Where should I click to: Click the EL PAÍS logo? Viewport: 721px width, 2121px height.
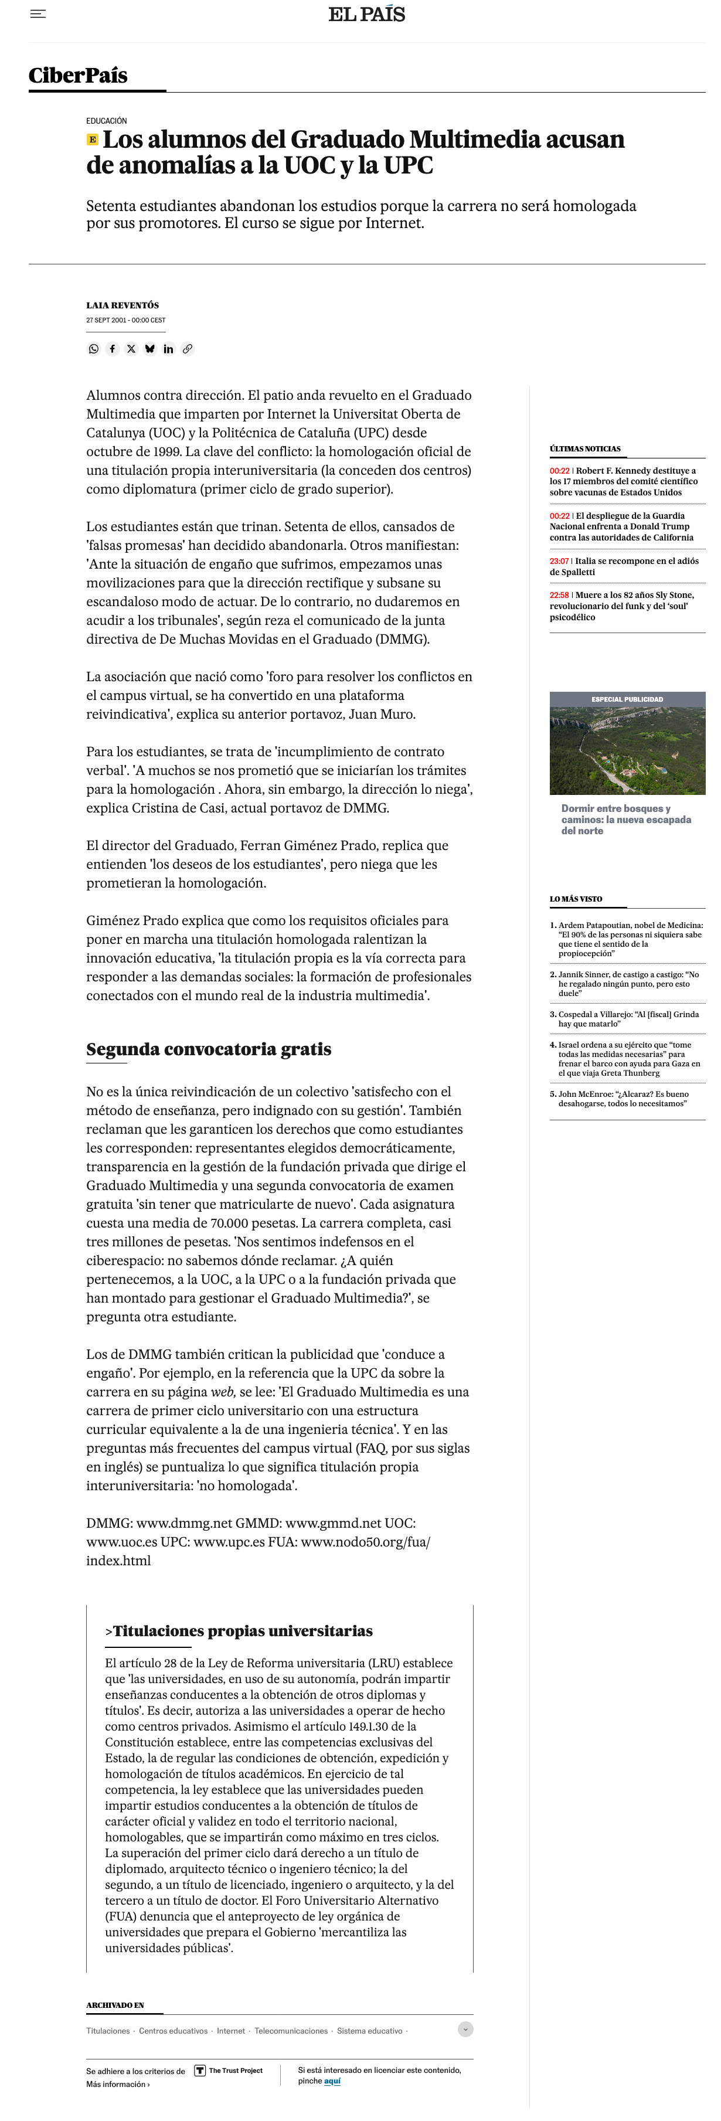tap(366, 14)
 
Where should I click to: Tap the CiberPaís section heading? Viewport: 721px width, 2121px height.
tap(78, 76)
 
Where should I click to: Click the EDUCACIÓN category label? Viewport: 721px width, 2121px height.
tap(106, 121)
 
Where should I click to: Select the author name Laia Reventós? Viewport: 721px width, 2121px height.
tap(123, 305)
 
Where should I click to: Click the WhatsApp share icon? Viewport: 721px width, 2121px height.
tap(94, 349)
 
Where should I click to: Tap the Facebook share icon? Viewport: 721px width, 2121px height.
tap(113, 349)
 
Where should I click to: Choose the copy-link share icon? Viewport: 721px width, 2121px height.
tap(188, 349)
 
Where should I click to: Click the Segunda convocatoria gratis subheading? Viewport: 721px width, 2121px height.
tap(209, 1049)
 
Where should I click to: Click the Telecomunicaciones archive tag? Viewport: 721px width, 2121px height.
tap(291, 2031)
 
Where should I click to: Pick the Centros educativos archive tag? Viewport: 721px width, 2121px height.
tap(173, 2031)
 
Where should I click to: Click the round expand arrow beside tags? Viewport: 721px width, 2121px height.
tap(465, 2030)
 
